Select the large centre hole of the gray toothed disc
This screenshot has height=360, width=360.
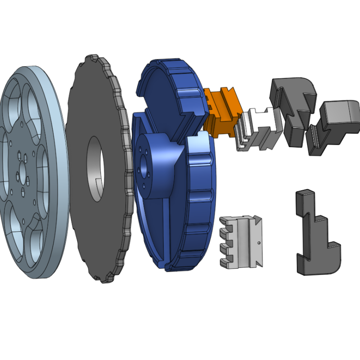[x=95, y=168]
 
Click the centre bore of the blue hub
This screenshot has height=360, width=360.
[x=144, y=172]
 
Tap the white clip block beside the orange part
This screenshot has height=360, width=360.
[x=256, y=128]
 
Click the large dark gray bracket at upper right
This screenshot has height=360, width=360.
[x=292, y=108]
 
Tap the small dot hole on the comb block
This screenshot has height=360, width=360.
[x=260, y=244]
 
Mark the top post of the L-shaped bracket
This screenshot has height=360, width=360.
[x=302, y=200]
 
